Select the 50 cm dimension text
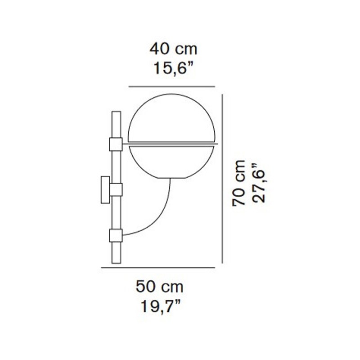(x=159, y=286)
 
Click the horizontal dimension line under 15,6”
(x=171, y=86)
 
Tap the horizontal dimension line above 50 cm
(x=157, y=268)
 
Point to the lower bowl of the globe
(x=172, y=162)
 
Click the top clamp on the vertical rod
(x=116, y=144)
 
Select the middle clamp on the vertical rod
(x=116, y=189)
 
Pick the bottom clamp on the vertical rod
(x=116, y=235)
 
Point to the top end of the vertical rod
(x=116, y=112)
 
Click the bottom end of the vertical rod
(x=116, y=263)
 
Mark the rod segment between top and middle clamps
(x=116, y=166)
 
